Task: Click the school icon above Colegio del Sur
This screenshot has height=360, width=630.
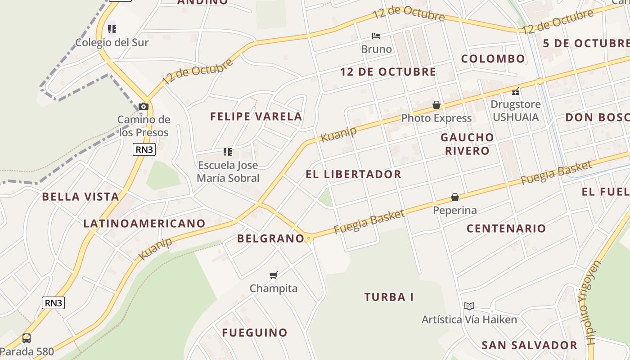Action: [112, 29]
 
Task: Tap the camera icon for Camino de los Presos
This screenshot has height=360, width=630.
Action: [144, 107]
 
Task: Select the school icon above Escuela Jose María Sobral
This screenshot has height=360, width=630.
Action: [228, 152]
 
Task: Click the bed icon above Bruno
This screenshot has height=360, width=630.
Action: [376, 36]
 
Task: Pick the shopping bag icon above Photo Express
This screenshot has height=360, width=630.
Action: [436, 105]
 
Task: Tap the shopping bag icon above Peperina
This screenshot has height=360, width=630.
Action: [455, 197]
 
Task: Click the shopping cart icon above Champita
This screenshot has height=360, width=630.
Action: [274, 275]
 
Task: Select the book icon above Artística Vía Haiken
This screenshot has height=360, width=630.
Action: [469, 306]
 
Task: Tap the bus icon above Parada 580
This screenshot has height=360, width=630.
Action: [27, 338]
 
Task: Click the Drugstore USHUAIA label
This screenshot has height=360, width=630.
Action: [515, 111]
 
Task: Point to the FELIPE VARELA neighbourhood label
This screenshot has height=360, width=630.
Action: [256, 117]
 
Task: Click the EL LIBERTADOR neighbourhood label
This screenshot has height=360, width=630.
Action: [353, 175]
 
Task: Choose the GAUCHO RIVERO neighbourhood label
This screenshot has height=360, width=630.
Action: [467, 144]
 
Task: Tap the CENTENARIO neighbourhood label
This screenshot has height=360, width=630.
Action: [506, 229]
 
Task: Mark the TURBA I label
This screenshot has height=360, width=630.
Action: [389, 297]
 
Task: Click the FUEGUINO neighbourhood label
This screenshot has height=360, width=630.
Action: [255, 333]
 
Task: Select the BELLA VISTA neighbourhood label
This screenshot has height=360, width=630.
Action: [81, 197]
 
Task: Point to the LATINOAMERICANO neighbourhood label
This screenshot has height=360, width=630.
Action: [144, 224]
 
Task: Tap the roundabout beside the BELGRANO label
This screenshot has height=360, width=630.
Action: [308, 238]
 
